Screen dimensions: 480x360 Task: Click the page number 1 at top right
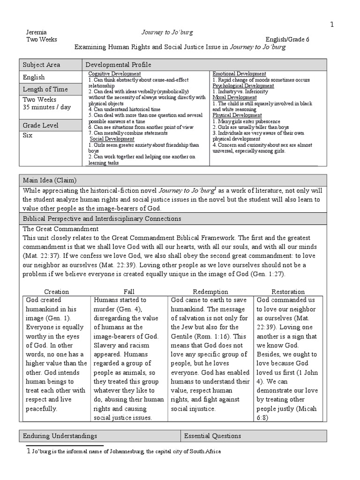(x=332, y=25)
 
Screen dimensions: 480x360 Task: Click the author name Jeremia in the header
(x=37, y=32)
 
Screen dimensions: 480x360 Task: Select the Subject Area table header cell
(x=51, y=65)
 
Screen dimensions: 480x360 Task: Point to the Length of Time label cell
(x=51, y=89)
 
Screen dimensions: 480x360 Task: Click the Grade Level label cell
(x=51, y=125)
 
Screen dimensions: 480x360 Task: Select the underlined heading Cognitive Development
(x=114, y=74)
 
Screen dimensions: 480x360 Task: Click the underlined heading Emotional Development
(x=240, y=74)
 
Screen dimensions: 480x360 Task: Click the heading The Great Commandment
(x=61, y=229)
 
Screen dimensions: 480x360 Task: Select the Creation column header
(x=56, y=292)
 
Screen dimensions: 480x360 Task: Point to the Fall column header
(x=129, y=292)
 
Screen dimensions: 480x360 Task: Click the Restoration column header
(x=288, y=292)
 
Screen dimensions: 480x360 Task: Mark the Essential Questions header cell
(x=212, y=436)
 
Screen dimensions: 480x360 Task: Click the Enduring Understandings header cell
(x=60, y=436)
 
